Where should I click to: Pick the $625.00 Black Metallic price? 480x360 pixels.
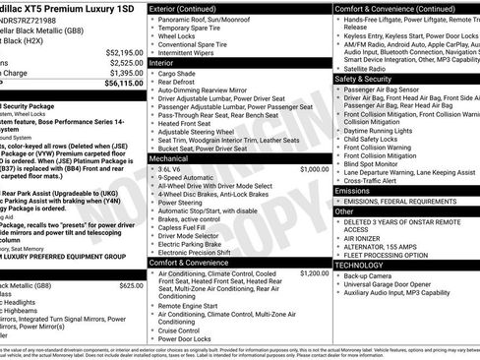(131, 285)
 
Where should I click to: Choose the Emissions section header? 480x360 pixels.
(355, 192)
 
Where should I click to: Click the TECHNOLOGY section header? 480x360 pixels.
(361, 265)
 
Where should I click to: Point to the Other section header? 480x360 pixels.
(344, 211)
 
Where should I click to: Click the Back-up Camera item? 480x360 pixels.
(367, 276)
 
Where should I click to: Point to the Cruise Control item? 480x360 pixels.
(185, 330)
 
